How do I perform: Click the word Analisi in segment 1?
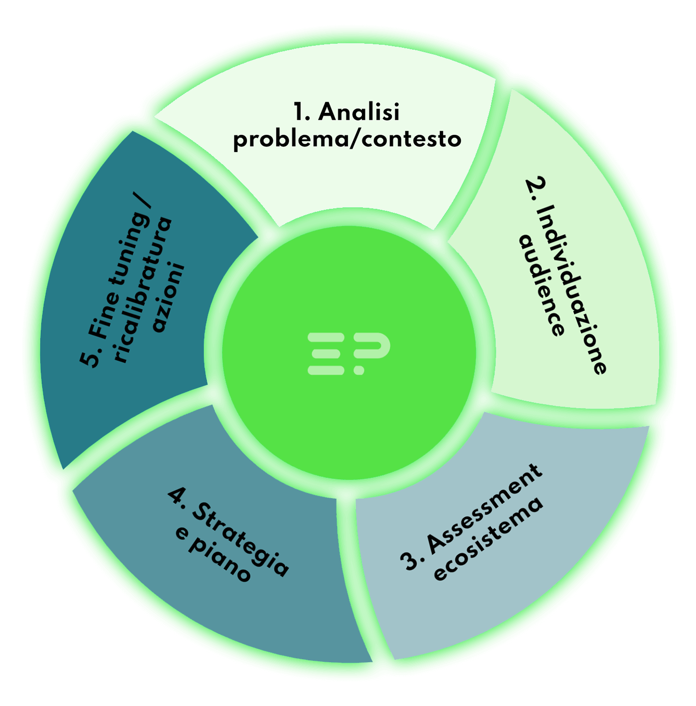coord(359,112)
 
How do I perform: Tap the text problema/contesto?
coord(347,139)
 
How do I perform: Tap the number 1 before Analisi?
coord(300,112)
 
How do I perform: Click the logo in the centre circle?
coord(348,353)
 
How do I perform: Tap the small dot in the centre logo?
coord(359,370)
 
